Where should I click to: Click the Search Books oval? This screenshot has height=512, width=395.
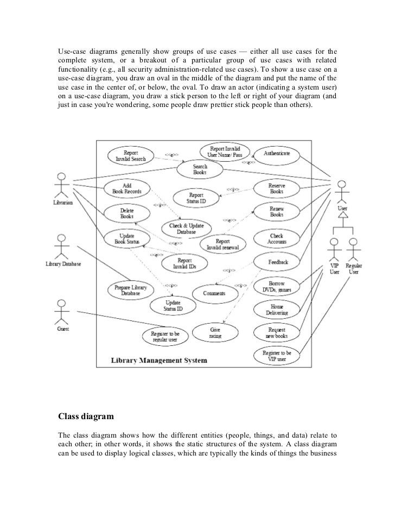tap(200, 170)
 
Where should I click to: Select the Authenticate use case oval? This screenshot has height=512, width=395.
tap(276, 154)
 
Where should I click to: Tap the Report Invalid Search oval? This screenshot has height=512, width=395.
tap(130, 156)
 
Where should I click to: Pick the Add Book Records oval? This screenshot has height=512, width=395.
tap(126, 188)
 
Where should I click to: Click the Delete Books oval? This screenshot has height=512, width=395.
tap(126, 213)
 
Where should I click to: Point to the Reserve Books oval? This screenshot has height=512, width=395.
tap(276, 188)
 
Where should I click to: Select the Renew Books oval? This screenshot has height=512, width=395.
tap(276, 212)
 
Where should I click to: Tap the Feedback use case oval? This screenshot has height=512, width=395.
tap(277, 262)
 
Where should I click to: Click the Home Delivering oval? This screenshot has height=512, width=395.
tap(277, 309)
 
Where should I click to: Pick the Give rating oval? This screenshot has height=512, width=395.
tap(215, 333)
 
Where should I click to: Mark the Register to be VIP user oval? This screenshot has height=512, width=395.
tap(276, 356)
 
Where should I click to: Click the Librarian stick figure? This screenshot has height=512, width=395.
tap(62, 187)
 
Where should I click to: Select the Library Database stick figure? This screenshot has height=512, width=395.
tap(63, 248)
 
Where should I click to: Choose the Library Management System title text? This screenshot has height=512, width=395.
tap(159, 360)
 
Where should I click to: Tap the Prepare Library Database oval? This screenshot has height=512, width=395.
tap(131, 289)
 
